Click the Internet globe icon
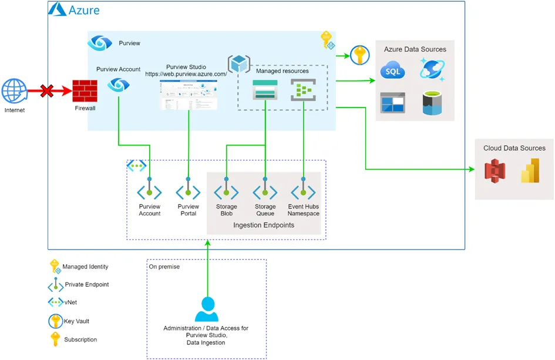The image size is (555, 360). click(14, 92)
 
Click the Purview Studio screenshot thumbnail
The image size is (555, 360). click(189, 95)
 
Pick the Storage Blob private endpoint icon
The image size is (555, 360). click(226, 191)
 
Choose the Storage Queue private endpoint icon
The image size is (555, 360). click(265, 191)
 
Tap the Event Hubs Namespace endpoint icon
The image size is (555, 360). click(304, 191)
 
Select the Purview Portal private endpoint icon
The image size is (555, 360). click(188, 191)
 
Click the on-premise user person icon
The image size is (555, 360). click(206, 309)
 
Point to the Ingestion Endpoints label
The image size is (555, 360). click(264, 226)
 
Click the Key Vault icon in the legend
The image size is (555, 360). click(55, 321)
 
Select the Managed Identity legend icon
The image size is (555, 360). click(55, 267)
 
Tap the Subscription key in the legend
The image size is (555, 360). click(55, 339)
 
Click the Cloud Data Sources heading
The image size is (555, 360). click(514, 148)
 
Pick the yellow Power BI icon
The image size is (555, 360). click(530, 170)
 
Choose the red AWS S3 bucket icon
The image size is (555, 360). click(495, 171)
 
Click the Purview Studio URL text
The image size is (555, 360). click(186, 75)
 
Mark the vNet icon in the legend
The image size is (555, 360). click(55, 302)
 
